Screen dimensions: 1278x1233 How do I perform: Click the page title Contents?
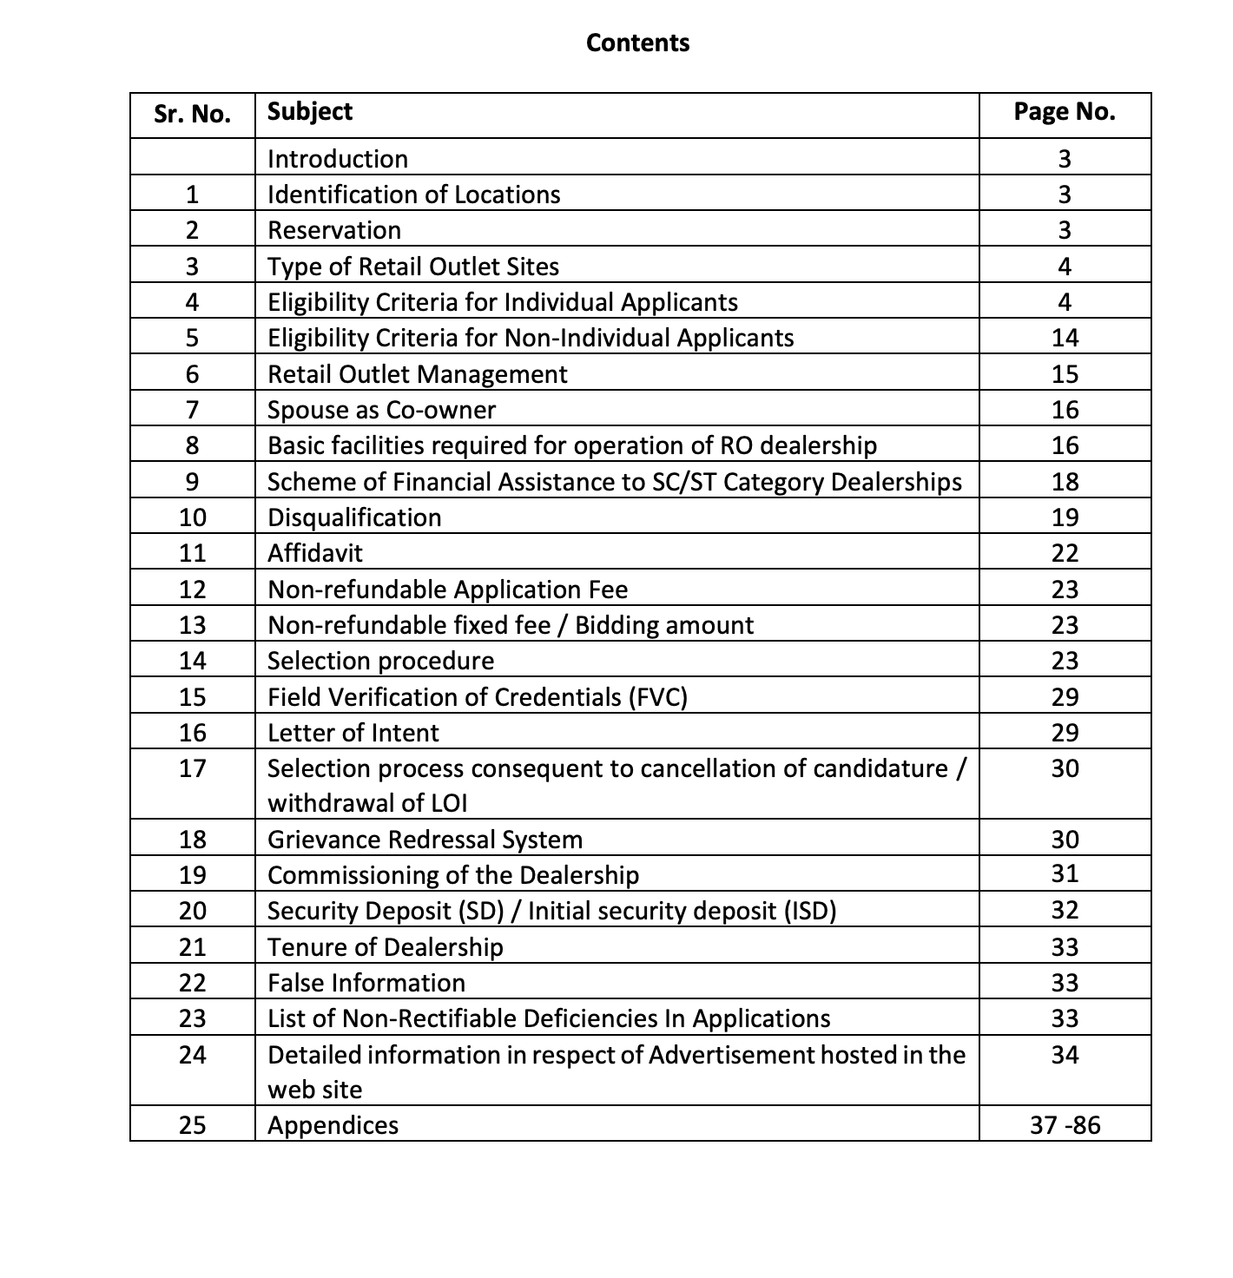tap(637, 43)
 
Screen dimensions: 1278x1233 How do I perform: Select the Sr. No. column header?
tap(192, 115)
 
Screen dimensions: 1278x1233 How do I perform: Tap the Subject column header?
tap(310, 111)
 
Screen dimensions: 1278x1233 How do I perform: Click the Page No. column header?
tap(1065, 111)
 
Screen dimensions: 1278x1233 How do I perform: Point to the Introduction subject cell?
tap(338, 159)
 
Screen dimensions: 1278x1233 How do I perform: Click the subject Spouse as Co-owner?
tap(382, 410)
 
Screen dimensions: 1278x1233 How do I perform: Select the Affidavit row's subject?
tap(315, 553)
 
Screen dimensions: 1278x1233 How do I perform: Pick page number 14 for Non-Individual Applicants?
tap(1065, 338)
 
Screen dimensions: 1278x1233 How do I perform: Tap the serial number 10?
tap(192, 517)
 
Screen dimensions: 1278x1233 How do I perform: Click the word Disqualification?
tap(354, 517)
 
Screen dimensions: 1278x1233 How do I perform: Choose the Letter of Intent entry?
tap(353, 733)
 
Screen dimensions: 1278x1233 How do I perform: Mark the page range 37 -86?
tap(1065, 1125)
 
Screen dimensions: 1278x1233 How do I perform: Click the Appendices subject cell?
tap(333, 1125)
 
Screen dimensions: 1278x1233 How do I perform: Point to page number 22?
tap(1065, 553)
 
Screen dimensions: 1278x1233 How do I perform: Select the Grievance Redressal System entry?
tap(425, 840)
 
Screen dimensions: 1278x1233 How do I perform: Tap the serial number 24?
tap(192, 1055)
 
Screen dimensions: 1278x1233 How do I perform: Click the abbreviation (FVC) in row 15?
tap(656, 697)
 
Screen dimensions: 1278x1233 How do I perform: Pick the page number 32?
tap(1065, 910)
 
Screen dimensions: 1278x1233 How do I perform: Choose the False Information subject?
tap(366, 983)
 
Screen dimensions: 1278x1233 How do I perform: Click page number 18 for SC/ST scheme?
tap(1065, 482)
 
